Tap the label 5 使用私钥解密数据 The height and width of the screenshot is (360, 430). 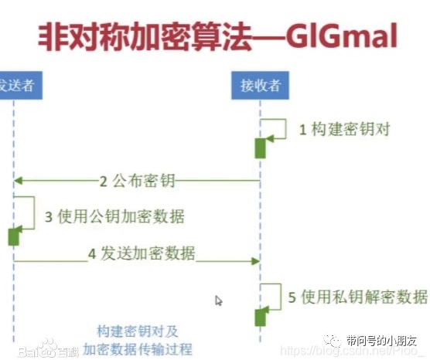pyautogui.click(x=358, y=296)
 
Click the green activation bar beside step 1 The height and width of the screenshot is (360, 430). pyautogui.click(x=261, y=148)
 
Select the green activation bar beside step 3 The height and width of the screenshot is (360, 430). pyautogui.click(x=13, y=235)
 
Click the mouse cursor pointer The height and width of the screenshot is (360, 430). pyautogui.click(x=219, y=301)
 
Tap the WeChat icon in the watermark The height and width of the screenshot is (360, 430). pyautogui.click(x=332, y=341)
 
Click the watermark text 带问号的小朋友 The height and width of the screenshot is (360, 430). pyautogui.click(x=381, y=341)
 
